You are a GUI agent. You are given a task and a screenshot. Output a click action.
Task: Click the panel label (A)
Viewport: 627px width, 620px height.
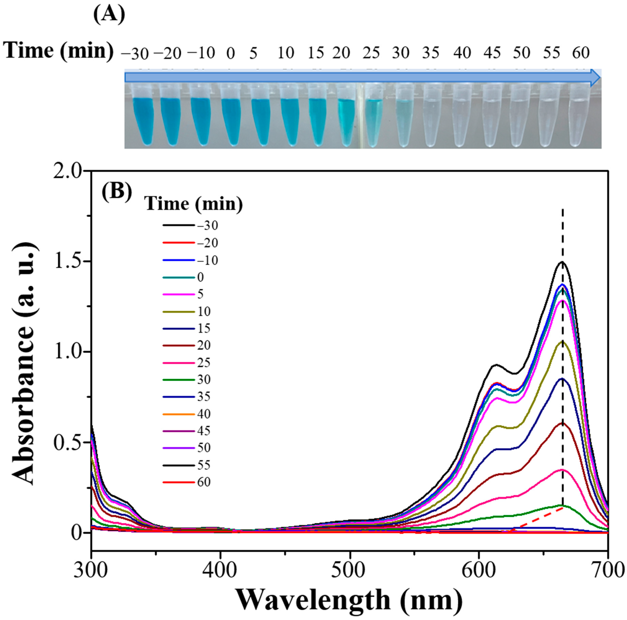[x=109, y=15]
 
